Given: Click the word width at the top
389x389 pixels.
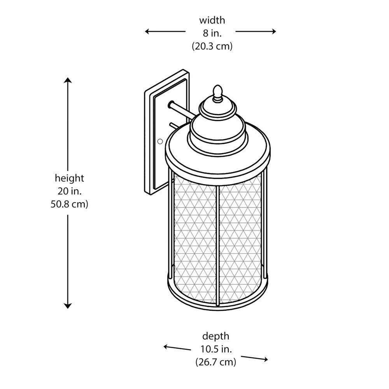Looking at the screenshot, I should point(212,20).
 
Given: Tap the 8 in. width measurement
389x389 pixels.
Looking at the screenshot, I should point(212,33).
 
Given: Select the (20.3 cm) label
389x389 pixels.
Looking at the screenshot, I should point(212,46).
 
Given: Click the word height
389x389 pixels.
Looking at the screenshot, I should point(69,178).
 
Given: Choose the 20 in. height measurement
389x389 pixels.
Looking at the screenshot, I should point(69,191).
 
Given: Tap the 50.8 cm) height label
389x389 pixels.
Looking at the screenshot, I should point(69,204).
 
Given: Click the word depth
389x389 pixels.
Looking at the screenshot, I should point(216,336).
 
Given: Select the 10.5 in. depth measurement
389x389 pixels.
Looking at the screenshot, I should point(216,349).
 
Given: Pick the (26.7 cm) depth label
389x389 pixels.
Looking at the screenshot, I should point(216,362).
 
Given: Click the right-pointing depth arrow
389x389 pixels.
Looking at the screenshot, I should point(255,358).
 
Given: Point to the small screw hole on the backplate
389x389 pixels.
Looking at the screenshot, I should point(159,142).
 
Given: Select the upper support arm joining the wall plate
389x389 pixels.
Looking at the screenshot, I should point(183,109).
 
